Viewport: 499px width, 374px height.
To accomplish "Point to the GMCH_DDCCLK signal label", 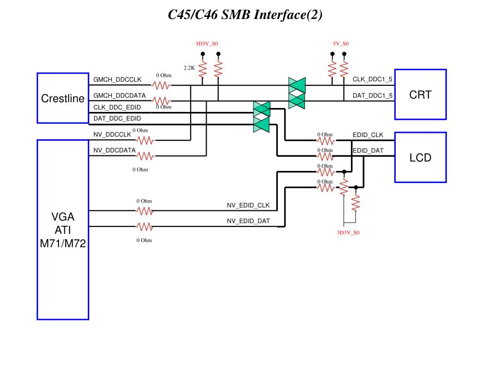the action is click(117, 79).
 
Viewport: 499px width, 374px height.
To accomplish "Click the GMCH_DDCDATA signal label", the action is click(119, 95).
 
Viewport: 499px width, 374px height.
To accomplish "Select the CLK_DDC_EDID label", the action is click(117, 107).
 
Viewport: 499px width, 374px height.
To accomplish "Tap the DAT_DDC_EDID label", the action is click(117, 118).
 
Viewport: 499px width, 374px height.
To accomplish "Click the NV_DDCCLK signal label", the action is click(112, 134).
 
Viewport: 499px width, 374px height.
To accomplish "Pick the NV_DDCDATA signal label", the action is click(114, 150).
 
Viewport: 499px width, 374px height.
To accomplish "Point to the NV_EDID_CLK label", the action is click(248, 205).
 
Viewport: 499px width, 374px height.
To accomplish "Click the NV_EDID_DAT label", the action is click(248, 221).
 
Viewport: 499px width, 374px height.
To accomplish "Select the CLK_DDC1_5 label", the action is click(372, 79).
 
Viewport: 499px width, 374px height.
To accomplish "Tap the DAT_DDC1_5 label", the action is click(372, 95).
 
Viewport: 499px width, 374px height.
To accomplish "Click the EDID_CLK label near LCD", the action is click(368, 135).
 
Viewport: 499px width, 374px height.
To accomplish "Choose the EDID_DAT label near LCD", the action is click(368, 150).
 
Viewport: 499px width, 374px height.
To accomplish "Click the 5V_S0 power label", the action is click(341, 43).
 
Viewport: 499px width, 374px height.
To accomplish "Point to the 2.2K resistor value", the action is click(189, 68).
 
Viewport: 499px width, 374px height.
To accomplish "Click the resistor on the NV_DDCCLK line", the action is click(145, 140).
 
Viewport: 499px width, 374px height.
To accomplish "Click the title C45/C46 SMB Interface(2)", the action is click(245, 15).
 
